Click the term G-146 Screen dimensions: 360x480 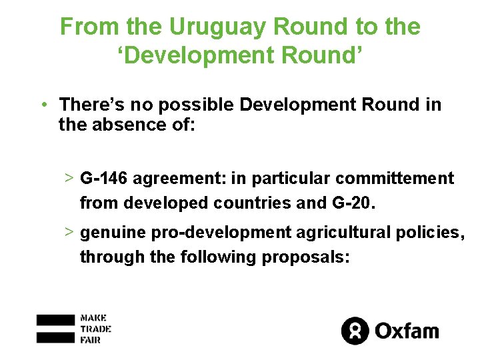(105, 179)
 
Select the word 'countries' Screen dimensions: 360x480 (255, 203)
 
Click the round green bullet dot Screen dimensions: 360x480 (43, 105)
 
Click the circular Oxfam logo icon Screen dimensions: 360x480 (355, 330)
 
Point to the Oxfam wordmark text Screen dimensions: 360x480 (406, 330)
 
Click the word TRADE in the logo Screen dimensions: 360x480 (95, 328)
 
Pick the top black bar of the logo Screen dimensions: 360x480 (55, 319)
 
